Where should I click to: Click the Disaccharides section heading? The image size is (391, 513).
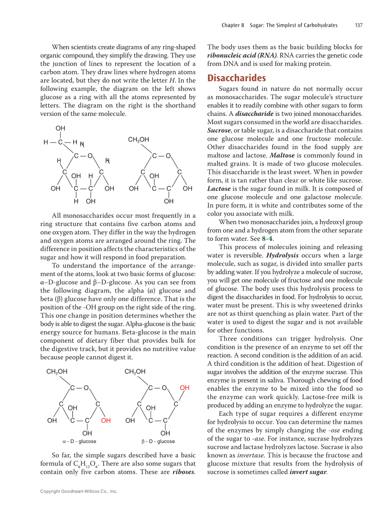tap(236, 78)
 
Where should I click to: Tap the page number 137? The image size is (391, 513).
tap(358, 25)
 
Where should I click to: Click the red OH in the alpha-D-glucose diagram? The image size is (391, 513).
tap(106, 420)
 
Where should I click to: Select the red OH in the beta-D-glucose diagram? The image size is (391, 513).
tap(184, 388)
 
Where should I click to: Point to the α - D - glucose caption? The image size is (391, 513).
tap(79, 441)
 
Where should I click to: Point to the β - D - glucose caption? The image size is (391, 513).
tap(158, 441)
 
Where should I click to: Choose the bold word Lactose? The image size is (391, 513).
tap(219, 189)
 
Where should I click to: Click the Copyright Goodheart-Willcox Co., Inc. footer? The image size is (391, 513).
tap(79, 491)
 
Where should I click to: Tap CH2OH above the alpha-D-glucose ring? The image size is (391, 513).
tap(57, 371)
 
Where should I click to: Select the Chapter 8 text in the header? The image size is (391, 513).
tap(233, 25)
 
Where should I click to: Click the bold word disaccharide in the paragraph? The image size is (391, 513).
tap(252, 113)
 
